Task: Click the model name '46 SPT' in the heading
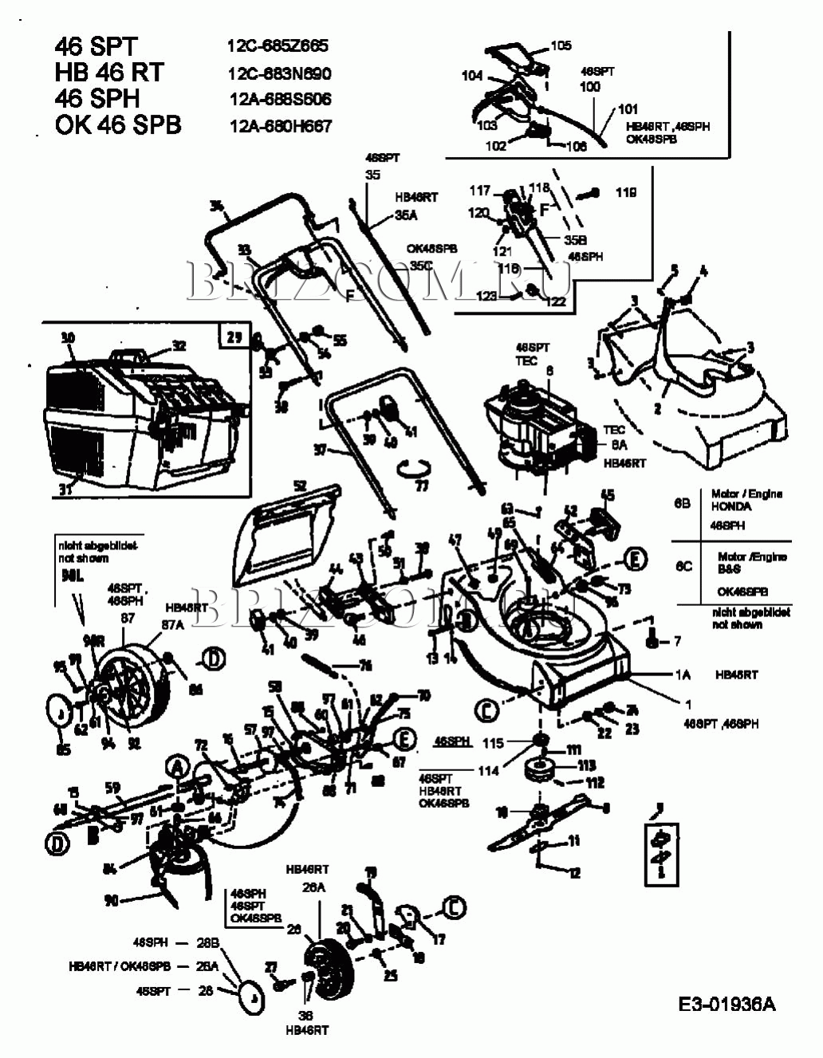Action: coord(96,47)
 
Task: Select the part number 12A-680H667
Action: coord(281,125)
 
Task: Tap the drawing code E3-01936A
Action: coord(727,1004)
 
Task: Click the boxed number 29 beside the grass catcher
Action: coord(234,336)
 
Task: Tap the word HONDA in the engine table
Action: coord(730,506)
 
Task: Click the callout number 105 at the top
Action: coord(561,45)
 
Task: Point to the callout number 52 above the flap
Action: coord(300,486)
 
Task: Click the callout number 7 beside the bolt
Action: coord(677,640)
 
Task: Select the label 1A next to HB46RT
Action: coord(683,675)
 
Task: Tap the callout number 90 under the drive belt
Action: coord(112,900)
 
